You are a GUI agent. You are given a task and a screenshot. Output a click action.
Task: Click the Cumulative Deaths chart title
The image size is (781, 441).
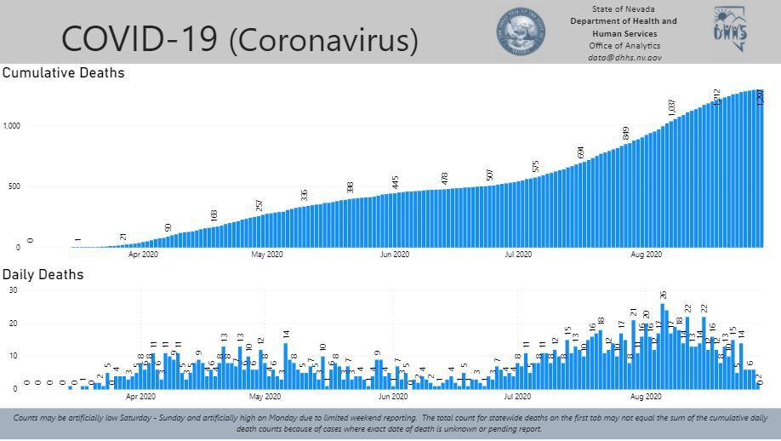pos(64,73)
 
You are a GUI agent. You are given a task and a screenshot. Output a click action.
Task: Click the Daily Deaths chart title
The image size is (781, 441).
pos(43,274)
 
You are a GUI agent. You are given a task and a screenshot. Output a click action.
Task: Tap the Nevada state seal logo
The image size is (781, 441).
pos(521,33)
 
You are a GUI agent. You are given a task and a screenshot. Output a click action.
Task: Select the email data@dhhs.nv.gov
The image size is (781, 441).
pos(624,58)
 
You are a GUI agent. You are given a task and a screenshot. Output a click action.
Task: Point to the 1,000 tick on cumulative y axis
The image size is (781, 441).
pos(10,126)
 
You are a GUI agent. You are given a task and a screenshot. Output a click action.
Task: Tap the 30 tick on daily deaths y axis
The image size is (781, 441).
pos(12,290)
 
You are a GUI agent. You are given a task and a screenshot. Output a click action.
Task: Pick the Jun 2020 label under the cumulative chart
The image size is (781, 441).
pos(394,254)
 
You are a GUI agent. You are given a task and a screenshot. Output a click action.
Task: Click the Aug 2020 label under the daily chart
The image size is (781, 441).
pos(647,396)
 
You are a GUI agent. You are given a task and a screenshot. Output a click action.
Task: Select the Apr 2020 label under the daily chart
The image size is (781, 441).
pos(141,396)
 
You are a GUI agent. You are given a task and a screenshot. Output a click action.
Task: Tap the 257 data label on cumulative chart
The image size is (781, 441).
pos(259,205)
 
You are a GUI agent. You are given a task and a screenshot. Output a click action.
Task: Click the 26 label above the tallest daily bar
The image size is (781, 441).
pos(663,295)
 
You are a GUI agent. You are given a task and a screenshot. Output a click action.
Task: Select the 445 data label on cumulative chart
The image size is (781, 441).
pos(396,182)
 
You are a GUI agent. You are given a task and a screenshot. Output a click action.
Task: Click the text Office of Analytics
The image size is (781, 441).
pos(624,46)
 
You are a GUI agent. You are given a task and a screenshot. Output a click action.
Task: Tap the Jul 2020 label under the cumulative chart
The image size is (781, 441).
pos(518,254)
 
